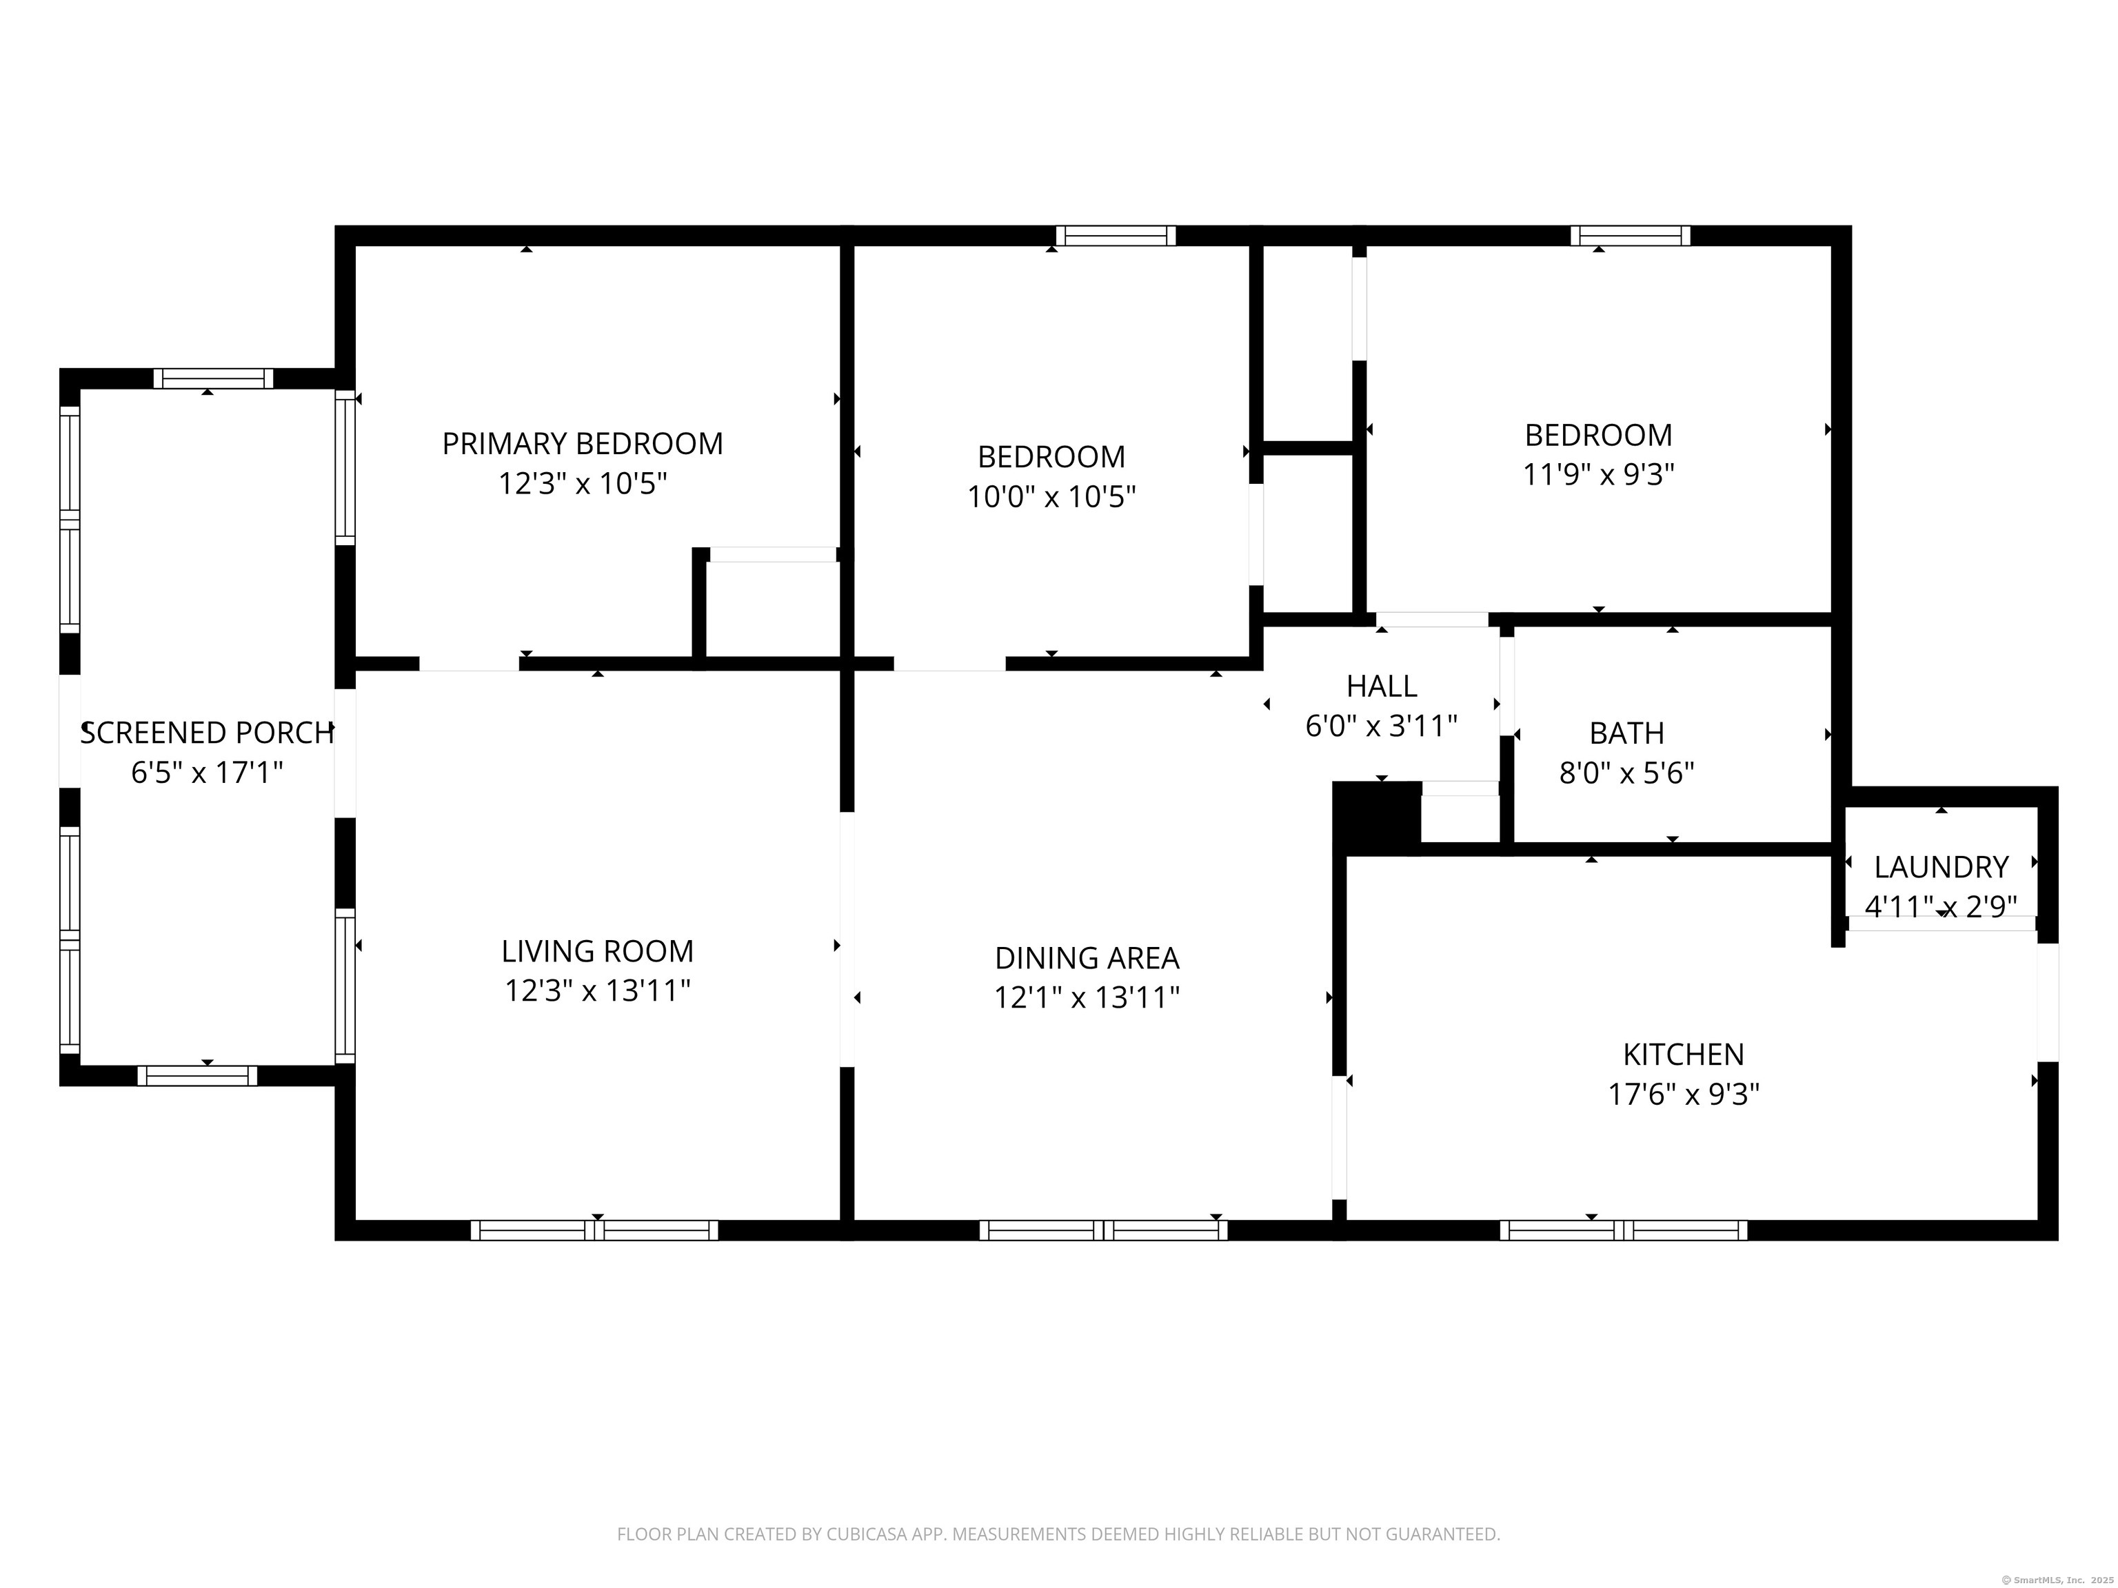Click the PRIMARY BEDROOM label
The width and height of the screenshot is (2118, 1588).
point(582,443)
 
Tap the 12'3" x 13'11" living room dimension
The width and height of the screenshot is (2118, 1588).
point(598,990)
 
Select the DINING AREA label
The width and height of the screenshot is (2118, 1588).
point(1087,957)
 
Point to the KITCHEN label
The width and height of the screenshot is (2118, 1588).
point(1683,1054)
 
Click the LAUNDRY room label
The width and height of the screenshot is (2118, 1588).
point(1941,866)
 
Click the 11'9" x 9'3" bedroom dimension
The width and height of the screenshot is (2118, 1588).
point(1598,474)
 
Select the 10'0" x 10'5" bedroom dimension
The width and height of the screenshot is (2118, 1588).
point(1051,497)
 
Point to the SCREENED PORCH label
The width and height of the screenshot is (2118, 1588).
point(207,732)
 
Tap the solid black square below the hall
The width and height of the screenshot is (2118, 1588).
point(1377,813)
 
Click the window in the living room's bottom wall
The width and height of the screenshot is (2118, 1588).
point(594,1230)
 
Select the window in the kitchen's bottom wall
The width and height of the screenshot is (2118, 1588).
point(1623,1230)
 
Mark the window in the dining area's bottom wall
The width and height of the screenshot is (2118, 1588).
point(1103,1230)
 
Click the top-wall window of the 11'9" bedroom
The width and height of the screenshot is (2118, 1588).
point(1630,236)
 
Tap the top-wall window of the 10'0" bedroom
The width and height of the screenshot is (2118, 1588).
point(1116,236)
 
